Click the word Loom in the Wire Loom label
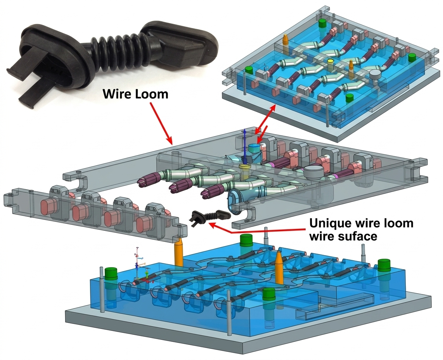[151, 93]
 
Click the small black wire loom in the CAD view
[206, 217]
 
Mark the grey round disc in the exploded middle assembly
[314, 172]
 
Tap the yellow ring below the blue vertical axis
[245, 166]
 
